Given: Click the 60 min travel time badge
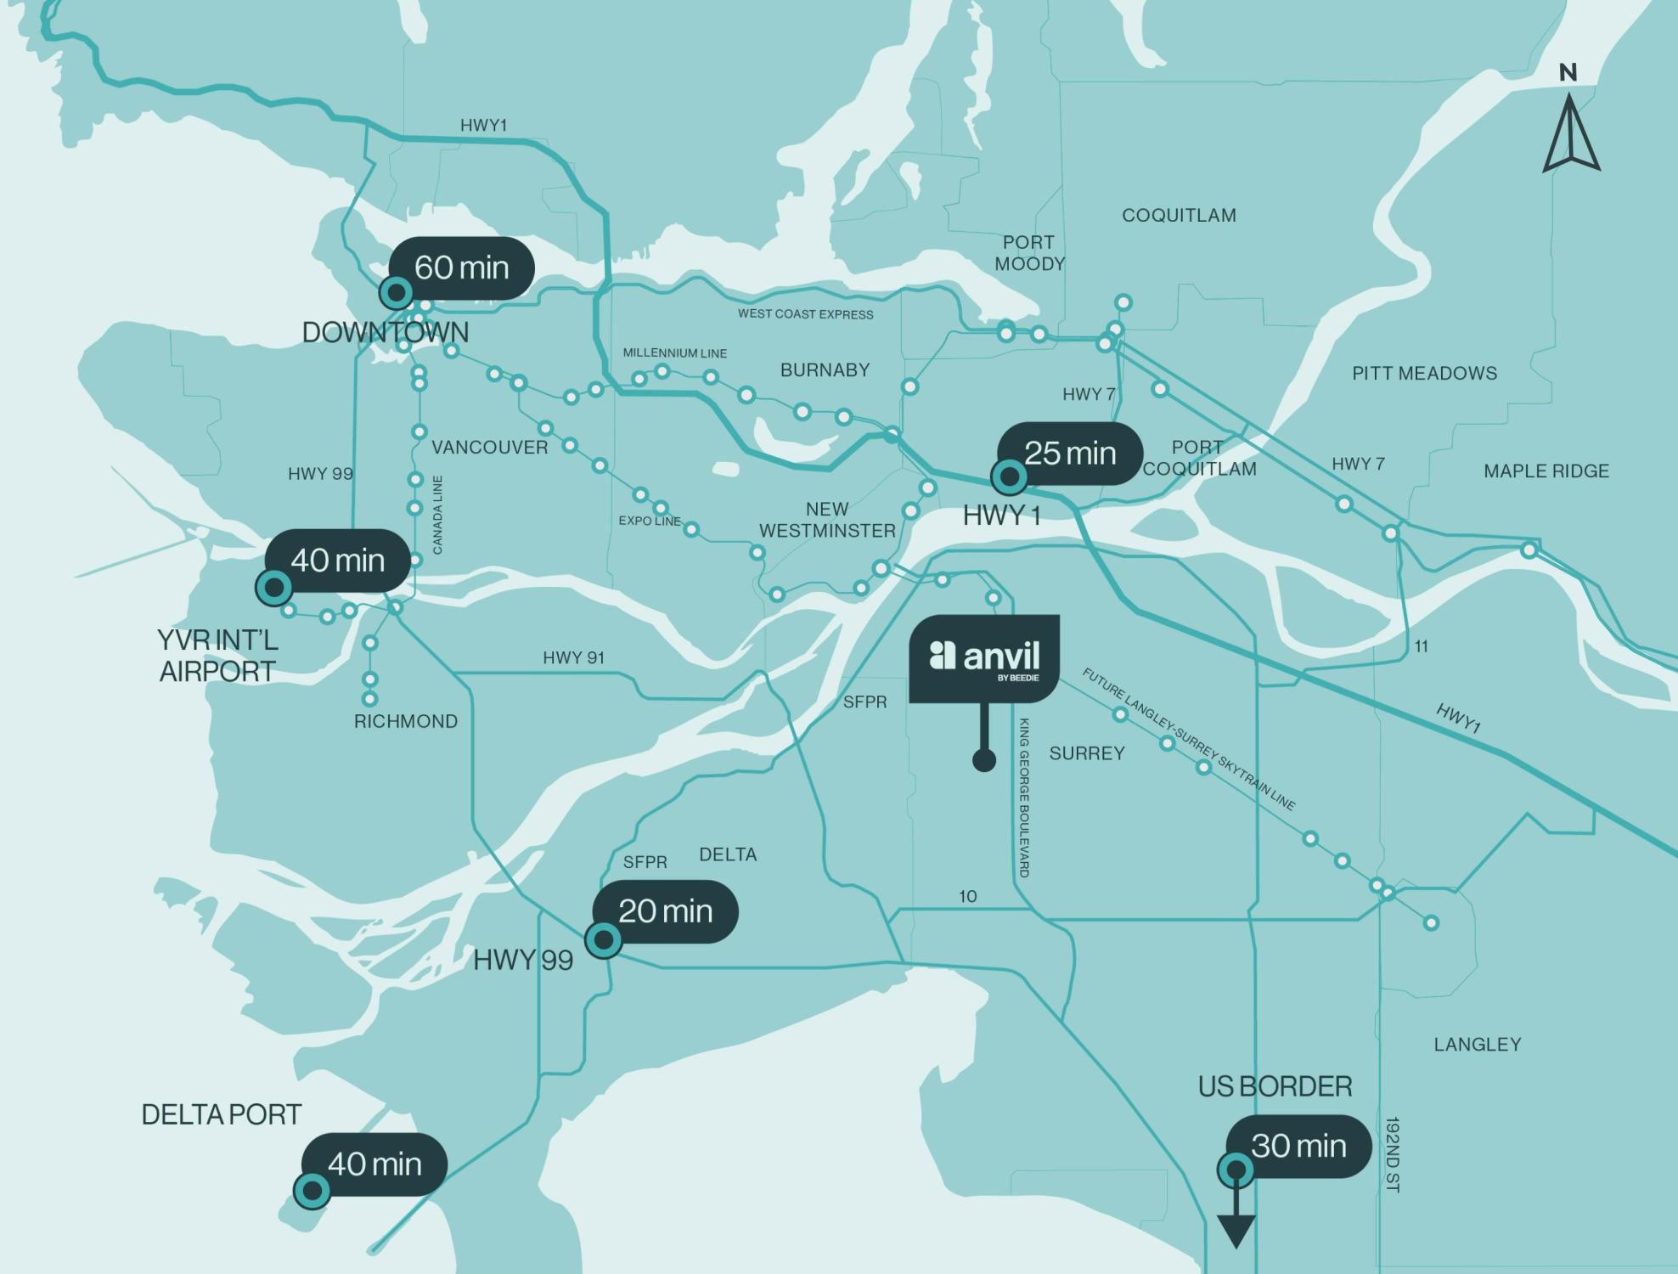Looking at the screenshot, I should pos(461,268).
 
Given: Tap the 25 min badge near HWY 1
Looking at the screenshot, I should pos(1070,454).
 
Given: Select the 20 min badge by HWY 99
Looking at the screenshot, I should pos(665,911).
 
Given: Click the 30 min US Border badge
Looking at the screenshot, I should pos(1298,1146).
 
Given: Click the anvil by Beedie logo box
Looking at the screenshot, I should pos(984,658).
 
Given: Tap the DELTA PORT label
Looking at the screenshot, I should pos(221,1114).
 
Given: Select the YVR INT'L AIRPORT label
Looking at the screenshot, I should pos(217,656).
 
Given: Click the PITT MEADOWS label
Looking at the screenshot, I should pos(1424,373).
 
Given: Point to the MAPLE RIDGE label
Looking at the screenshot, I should pos(1546,471).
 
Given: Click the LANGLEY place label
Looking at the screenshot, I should pos(1477,1044).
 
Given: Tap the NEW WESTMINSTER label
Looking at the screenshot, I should pos(827,520).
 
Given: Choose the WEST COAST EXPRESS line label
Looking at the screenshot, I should pos(805,313).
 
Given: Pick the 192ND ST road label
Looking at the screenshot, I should pos(1392,1154).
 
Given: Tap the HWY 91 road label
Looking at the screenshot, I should pos(573,657).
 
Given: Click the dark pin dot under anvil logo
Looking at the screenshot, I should pos(983,760).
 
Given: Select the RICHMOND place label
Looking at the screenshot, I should pos(405,721).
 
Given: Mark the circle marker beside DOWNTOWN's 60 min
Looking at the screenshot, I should pos(396,293).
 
